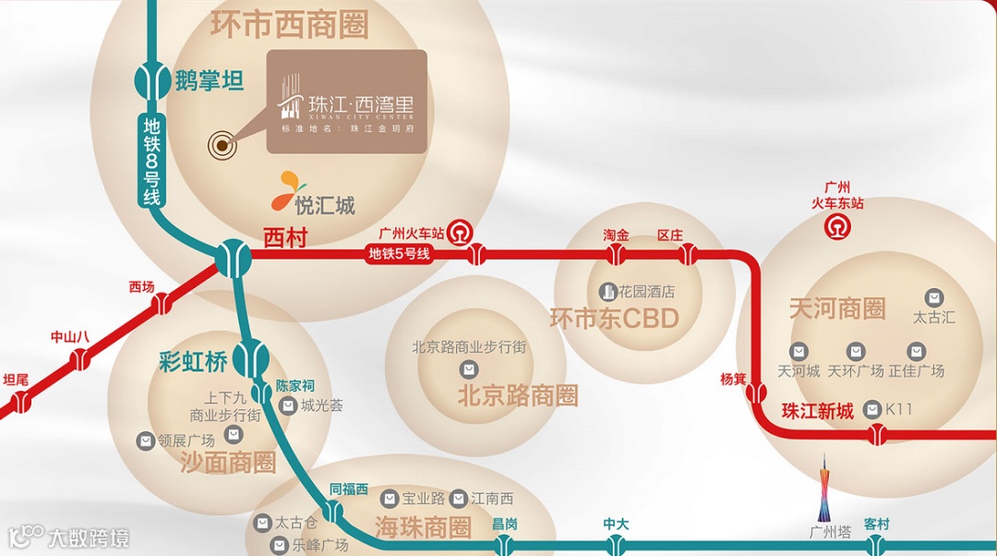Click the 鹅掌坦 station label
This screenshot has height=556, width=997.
210,81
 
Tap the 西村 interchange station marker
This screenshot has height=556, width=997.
232,258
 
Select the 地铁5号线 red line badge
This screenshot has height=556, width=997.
400,254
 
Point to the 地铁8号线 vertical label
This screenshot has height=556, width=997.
151,161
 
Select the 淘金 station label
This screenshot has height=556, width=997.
617,236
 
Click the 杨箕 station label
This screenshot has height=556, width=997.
733,379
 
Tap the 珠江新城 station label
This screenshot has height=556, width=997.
818,412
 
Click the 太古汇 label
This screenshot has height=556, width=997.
934,318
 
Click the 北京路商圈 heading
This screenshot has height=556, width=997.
518,396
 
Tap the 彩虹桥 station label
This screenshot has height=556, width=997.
193,361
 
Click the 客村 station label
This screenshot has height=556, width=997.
876,525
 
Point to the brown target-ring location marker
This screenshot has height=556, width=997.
222,144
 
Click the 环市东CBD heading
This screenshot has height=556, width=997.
614,320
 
